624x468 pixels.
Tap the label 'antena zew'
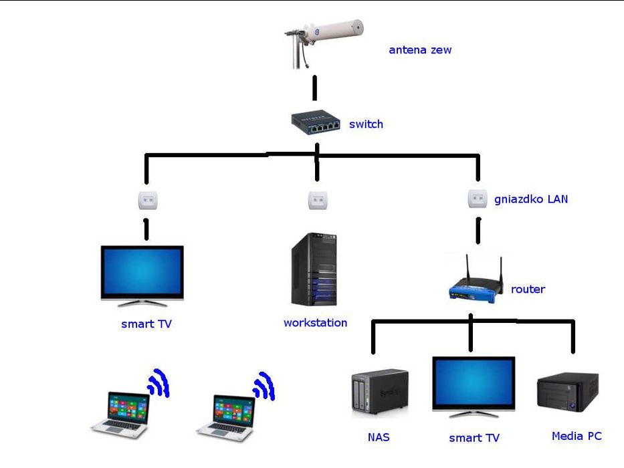point(420,49)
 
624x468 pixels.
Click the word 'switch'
point(366,124)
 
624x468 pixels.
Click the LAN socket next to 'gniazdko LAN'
point(477,198)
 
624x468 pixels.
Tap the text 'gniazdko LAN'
point(531,199)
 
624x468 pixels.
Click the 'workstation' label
point(315,323)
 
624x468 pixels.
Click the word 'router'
point(528,289)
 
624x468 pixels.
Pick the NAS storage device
point(379,394)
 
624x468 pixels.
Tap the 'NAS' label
point(379,438)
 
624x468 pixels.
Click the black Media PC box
point(567,392)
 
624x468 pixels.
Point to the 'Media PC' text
point(577,437)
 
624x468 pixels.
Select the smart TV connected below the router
point(474,386)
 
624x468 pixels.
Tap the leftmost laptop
point(120,415)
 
